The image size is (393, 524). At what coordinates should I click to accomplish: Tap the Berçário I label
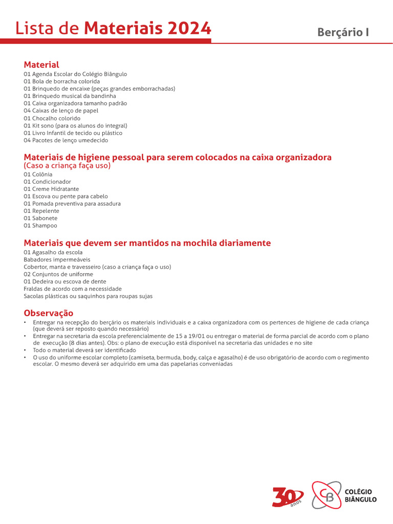[x=343, y=32]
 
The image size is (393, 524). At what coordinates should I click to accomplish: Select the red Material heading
[x=41, y=64]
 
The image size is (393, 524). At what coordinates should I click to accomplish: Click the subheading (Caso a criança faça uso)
[x=67, y=166]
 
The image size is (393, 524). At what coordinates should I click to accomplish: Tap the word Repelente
[x=46, y=211]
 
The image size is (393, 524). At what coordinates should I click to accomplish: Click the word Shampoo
[x=45, y=226]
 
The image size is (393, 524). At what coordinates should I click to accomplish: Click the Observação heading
[x=49, y=313]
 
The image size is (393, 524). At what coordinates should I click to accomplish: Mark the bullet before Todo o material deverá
[x=25, y=350]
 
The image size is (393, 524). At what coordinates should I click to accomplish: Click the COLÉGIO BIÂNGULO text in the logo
[x=361, y=495]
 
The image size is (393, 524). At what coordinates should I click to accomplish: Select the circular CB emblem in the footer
[x=326, y=495]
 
